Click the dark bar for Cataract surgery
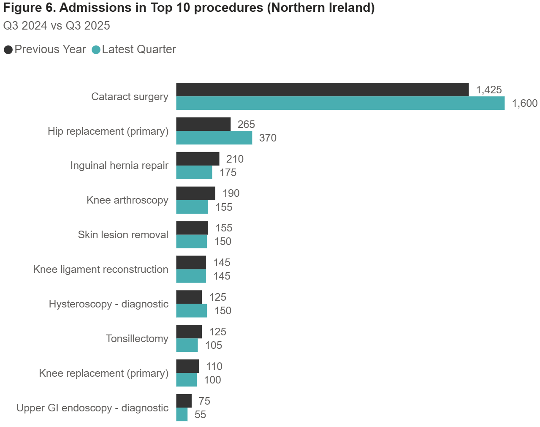pyautogui.click(x=322, y=90)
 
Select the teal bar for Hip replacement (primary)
pyautogui.click(x=214, y=138)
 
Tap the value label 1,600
pyautogui.click(x=524, y=103)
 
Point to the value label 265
pyautogui.click(x=246, y=125)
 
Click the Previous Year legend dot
pyautogui.click(x=8, y=50)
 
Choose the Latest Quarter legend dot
pyautogui.click(x=96, y=50)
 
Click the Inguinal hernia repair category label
pyautogui.click(x=119, y=166)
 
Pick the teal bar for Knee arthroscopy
pyautogui.click(x=192, y=207)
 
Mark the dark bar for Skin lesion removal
pyautogui.click(x=192, y=228)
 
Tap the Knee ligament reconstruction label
pyautogui.click(x=100, y=269)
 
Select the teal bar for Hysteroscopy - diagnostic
pyautogui.click(x=192, y=310)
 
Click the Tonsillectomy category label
pyautogui.click(x=137, y=339)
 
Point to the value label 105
pyautogui.click(x=214, y=345)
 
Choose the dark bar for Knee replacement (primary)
pyautogui.click(x=187, y=366)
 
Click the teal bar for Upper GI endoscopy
pyautogui.click(x=182, y=414)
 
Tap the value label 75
pyautogui.click(x=204, y=401)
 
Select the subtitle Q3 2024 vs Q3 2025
pyautogui.click(x=57, y=26)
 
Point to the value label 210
pyautogui.click(x=235, y=159)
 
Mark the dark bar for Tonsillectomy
pyautogui.click(x=189, y=332)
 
